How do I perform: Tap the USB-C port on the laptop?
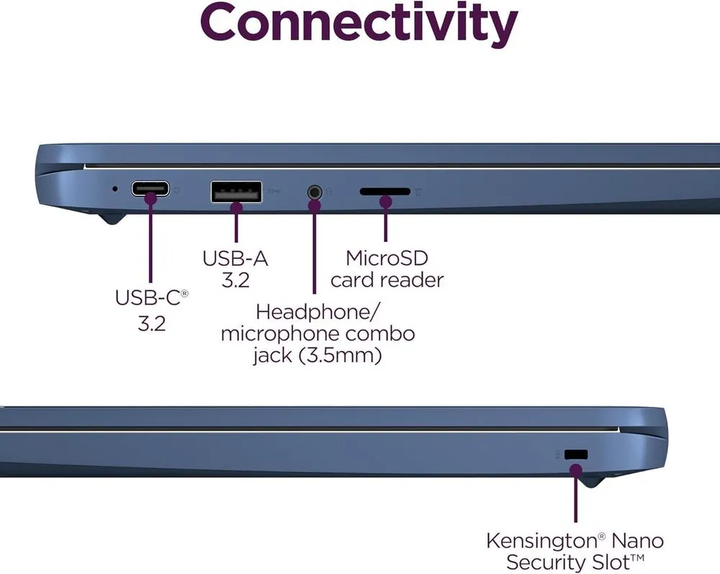tap(150, 189)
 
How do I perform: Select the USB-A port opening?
tap(236, 192)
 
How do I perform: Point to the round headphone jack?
tap(314, 192)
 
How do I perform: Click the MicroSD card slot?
tap(384, 192)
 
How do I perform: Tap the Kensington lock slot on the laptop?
tap(576, 455)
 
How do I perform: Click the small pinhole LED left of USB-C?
tap(116, 189)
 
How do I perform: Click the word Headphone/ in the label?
tap(318, 313)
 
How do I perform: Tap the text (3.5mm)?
tap(347, 356)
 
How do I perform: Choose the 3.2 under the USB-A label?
tap(235, 281)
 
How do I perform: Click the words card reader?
tap(387, 280)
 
